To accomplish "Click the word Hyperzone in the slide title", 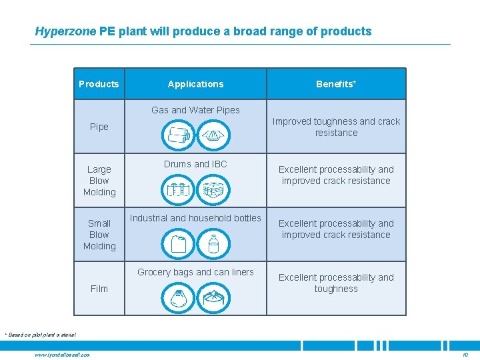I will pos(65,31).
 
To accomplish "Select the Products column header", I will pos(99,84).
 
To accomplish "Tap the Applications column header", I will pos(195,84).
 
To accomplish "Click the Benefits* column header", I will pos(336,84).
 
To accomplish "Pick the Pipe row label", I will pos(99,127).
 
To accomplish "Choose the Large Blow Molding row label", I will pos(99,181).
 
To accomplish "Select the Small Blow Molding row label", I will pos(99,235).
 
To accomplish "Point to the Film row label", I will pos(99,289).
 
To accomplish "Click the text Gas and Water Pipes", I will pos(195,110).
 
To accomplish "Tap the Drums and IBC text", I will pos(195,164).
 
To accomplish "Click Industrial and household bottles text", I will pos(195,218).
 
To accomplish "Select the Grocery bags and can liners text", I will pos(195,272).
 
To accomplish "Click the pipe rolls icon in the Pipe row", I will pos(178,135).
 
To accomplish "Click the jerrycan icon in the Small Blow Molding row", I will pos(178,243).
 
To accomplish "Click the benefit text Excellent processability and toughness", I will pos(336,283).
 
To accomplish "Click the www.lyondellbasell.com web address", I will pos(63,354).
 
